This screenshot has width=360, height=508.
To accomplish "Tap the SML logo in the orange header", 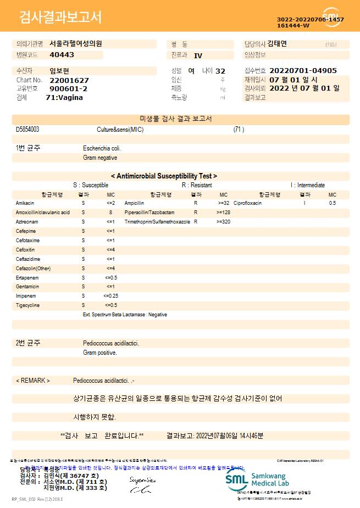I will pyautogui.click(x=331, y=16).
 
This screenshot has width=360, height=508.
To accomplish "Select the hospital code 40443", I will pyautogui.click(x=62, y=55).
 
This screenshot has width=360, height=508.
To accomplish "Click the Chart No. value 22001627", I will pyautogui.click(x=69, y=80).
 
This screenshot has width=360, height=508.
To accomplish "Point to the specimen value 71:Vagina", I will pyautogui.click(x=64, y=97).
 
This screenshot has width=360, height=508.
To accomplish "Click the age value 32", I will pyautogui.click(x=220, y=71).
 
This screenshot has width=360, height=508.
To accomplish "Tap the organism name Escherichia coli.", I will pyautogui.click(x=102, y=148).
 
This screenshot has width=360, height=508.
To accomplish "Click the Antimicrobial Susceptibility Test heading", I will pyautogui.click(x=164, y=176).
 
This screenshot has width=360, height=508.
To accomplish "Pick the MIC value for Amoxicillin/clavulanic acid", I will pyautogui.click(x=110, y=212).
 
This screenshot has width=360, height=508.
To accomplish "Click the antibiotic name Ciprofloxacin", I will pyautogui.click(x=247, y=203).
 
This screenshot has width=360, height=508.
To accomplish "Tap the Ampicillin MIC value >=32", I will pyautogui.click(x=223, y=203).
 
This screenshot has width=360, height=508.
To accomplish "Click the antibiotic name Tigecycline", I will pyautogui.click(x=28, y=305).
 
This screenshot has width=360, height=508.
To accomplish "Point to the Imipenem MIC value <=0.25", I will pyautogui.click(x=110, y=296).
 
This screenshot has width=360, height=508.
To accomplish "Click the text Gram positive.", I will pyautogui.click(x=100, y=353).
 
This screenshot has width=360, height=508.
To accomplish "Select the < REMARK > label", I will pyautogui.click(x=33, y=381).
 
